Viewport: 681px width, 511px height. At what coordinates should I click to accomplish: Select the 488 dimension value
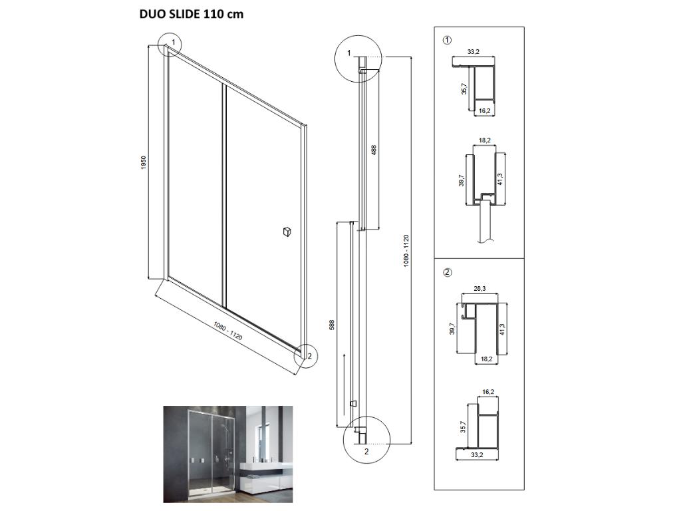click(x=374, y=150)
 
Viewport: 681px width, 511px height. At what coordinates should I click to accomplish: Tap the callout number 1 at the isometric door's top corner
click(x=173, y=43)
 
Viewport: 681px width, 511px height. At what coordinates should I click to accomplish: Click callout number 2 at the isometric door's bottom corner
click(x=309, y=355)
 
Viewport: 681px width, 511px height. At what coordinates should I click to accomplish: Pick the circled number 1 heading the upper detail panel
click(x=447, y=40)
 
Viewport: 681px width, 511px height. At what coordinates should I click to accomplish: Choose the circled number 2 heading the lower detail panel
click(x=447, y=272)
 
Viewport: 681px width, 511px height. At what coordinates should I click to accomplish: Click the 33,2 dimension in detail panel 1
click(x=474, y=51)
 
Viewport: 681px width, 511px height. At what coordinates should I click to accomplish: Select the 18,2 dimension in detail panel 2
click(x=486, y=359)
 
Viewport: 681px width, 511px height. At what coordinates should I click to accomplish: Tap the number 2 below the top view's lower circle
click(x=366, y=450)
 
